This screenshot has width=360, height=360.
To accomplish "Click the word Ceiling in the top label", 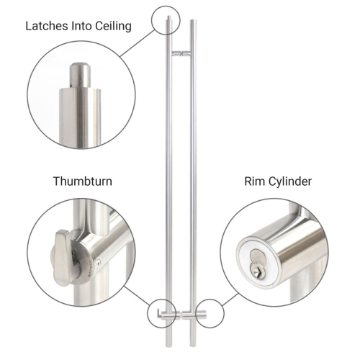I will point(110,27).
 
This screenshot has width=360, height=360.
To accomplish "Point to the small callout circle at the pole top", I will point(165,20).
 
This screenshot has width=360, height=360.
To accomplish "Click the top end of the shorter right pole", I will point(192,22).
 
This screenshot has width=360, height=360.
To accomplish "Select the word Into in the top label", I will point(79,27).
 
